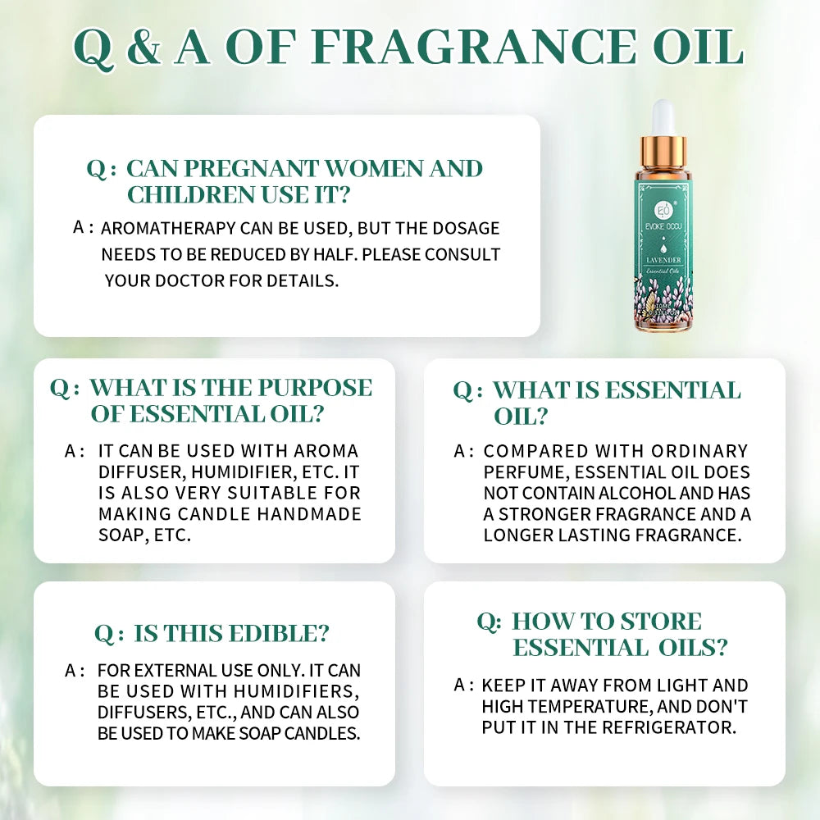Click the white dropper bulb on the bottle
(x=663, y=115)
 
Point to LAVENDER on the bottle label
(x=663, y=262)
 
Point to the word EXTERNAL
(x=162, y=671)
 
